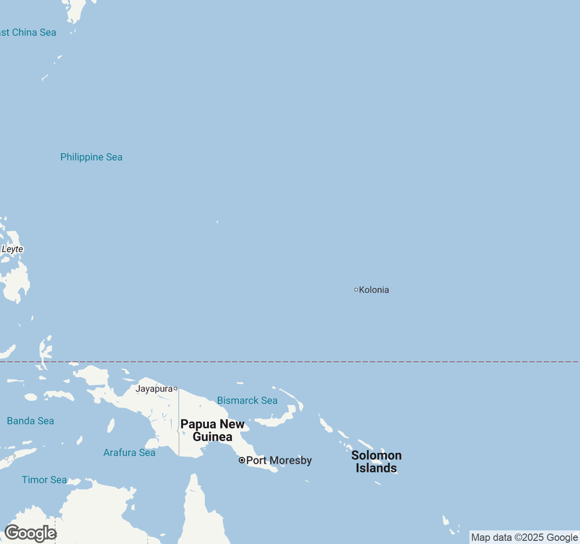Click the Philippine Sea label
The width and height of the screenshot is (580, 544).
tap(91, 157)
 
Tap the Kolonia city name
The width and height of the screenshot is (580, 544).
tap(374, 290)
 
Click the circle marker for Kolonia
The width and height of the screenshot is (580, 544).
tap(356, 290)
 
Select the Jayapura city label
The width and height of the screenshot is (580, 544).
tap(154, 389)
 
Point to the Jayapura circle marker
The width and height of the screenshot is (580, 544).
tap(175, 389)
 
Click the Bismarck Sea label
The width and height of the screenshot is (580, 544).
tap(247, 401)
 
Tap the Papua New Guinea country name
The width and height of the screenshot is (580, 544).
tap(213, 430)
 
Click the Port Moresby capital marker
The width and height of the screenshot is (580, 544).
tap(242, 460)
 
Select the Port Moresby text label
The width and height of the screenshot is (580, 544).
tap(279, 461)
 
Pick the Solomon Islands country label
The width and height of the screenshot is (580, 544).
tap(376, 461)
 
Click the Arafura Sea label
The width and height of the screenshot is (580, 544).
tap(129, 453)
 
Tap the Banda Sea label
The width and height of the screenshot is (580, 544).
tap(30, 421)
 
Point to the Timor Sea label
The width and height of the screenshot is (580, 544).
tap(44, 480)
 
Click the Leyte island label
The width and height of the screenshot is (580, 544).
tap(12, 249)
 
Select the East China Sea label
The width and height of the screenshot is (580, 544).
tap(28, 33)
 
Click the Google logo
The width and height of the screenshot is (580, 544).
tap(30, 533)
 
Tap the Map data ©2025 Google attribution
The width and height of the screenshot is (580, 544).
tap(524, 538)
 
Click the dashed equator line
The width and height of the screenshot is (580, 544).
tap(317, 362)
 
